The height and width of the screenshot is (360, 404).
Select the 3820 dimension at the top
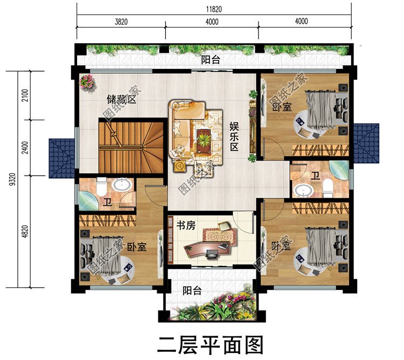point(121,22)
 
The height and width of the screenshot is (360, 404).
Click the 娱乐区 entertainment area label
point(234,136)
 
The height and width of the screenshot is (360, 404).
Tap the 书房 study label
point(186,226)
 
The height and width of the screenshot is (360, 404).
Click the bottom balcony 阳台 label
point(191,291)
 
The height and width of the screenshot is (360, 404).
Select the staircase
point(131,147)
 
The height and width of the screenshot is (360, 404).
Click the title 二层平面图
point(210,343)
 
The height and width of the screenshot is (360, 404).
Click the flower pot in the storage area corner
point(87,82)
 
